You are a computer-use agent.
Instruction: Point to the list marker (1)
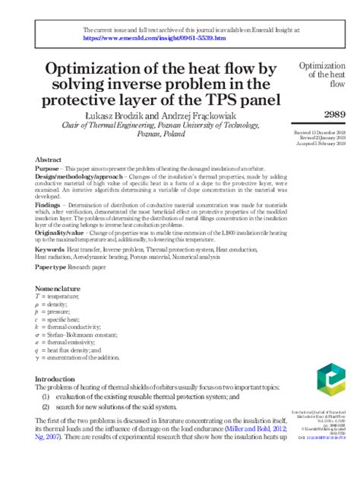click(46, 396)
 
